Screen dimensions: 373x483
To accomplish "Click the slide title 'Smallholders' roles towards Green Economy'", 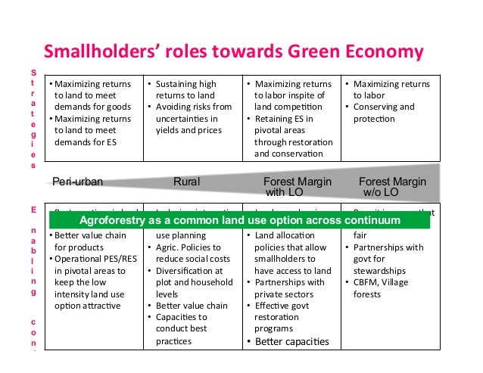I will point(232,52).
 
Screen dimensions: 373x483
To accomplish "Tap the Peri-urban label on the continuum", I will point(77,182).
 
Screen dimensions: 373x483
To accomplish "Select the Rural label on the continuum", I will point(186,182).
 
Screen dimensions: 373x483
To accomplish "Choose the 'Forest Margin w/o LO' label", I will point(391,187).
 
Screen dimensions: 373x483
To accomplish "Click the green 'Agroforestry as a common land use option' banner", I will point(240,220).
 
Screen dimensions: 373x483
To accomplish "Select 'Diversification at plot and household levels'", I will point(189,282).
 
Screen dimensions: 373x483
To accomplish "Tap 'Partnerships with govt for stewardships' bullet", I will point(388,259).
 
